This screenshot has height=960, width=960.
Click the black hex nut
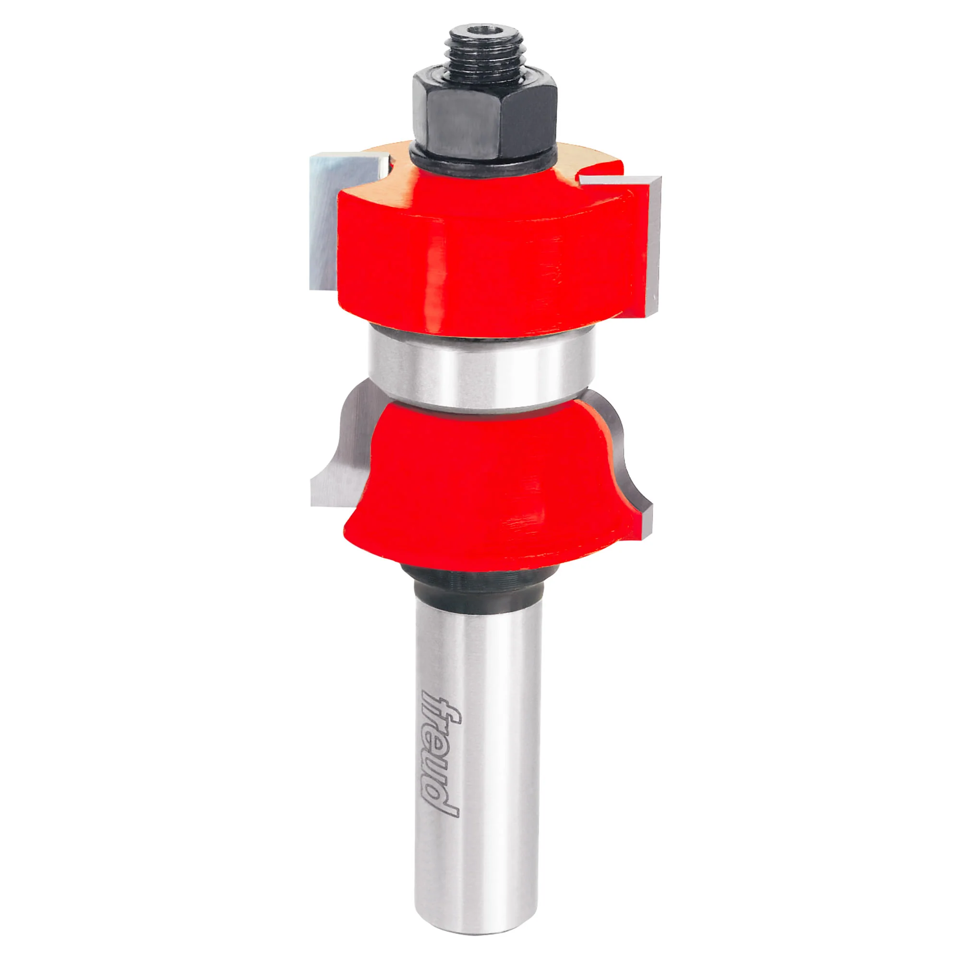click(482, 115)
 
